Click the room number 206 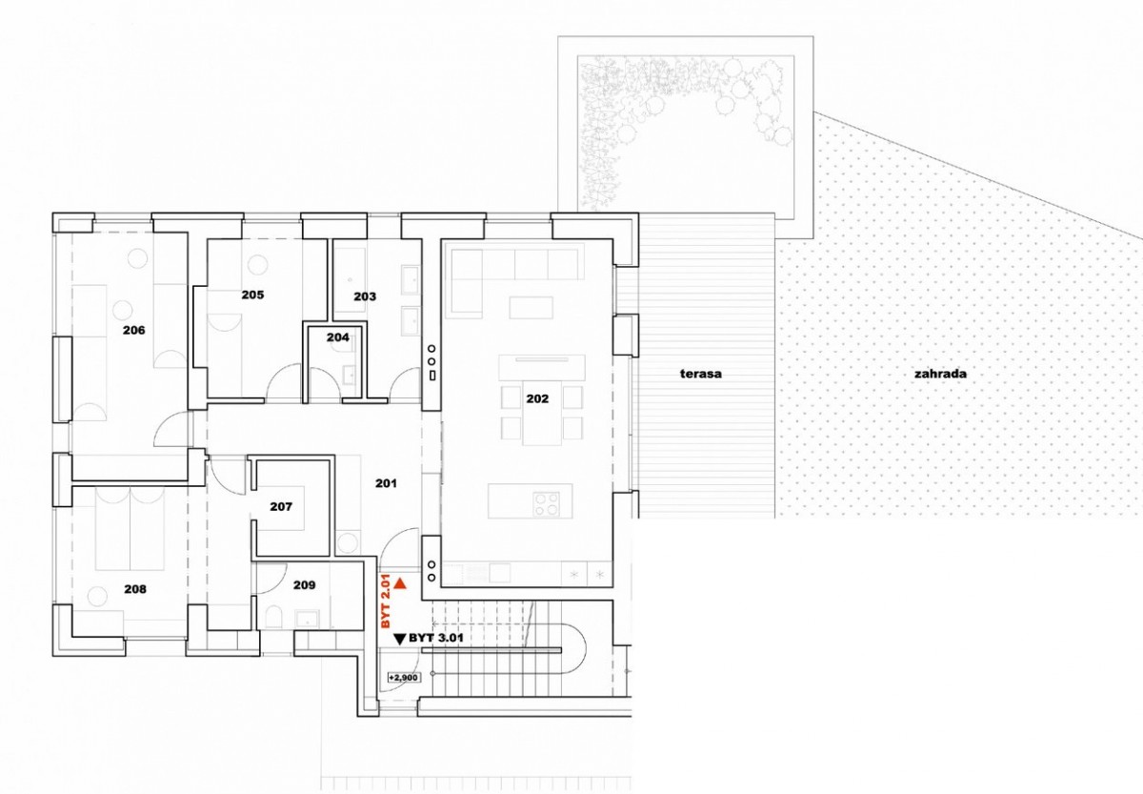(133, 331)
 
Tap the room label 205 (252, 295)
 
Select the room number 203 (365, 296)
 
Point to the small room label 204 (338, 337)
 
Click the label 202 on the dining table (537, 398)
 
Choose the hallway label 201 (386, 482)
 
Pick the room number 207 (281, 506)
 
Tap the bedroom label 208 (135, 589)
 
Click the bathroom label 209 (304, 584)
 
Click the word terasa (701, 374)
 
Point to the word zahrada (940, 374)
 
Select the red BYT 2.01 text (386, 601)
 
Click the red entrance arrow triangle (400, 584)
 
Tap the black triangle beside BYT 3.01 (400, 639)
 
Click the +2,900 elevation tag (403, 678)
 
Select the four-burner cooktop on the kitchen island (546, 504)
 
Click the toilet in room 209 (273, 618)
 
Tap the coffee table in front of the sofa (531, 308)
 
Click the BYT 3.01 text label (436, 639)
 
